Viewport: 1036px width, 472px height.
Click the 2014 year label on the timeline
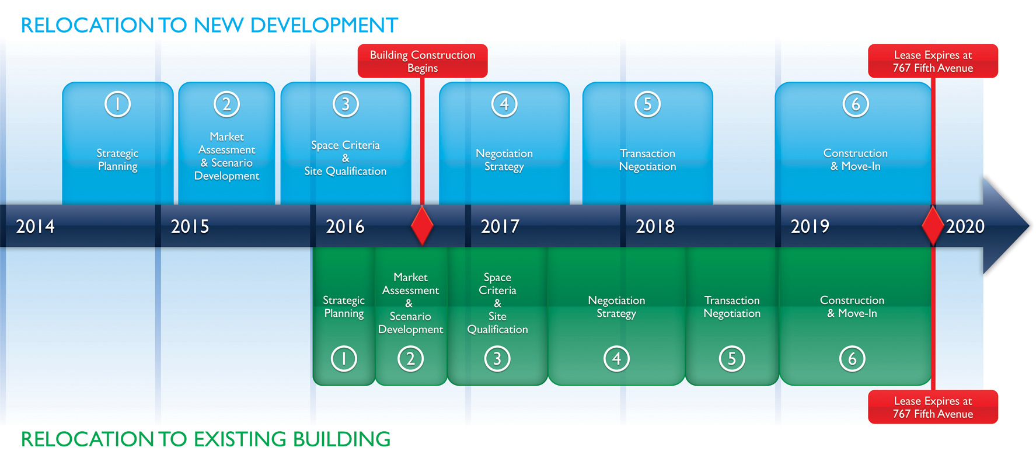pos(35,226)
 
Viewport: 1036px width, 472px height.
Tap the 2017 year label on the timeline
pos(500,226)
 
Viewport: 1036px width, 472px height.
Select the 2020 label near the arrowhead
pos(965,226)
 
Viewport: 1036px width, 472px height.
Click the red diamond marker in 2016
pos(422,225)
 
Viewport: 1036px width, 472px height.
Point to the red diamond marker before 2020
pos(933,225)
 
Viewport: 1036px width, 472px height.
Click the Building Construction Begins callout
pos(423,61)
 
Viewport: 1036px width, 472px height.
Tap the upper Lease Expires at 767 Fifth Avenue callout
pos(933,61)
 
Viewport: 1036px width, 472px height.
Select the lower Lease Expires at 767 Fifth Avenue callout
pos(933,407)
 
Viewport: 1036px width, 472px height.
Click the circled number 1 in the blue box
pos(117,104)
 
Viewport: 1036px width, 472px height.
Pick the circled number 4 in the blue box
pos(504,104)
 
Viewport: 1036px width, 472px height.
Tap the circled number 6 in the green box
pos(852,359)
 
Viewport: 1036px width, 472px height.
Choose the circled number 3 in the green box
pos(497,359)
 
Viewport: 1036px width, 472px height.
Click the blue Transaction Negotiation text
pos(647,160)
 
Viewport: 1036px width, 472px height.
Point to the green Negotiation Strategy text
pos(616,307)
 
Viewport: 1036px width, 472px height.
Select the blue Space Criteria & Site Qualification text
pos(346,158)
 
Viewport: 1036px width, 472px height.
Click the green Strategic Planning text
pos(344,307)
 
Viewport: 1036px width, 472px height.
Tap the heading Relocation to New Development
pos(209,26)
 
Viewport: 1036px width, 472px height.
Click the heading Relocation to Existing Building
pos(205,439)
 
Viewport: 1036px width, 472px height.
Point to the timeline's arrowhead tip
pos(1030,226)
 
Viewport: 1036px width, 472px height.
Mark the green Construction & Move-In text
pos(852,307)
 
